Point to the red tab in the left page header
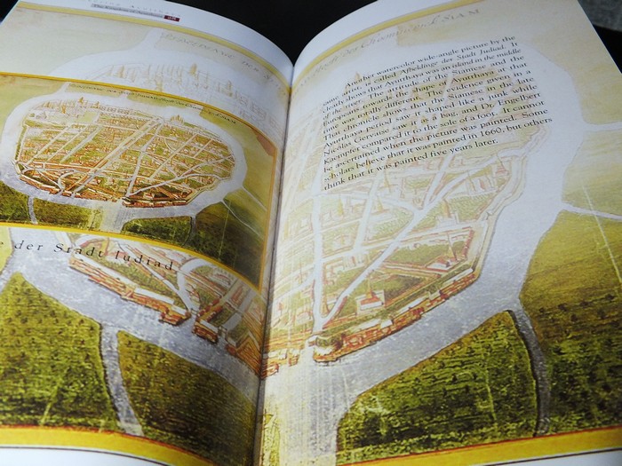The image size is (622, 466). (x=171, y=17)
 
